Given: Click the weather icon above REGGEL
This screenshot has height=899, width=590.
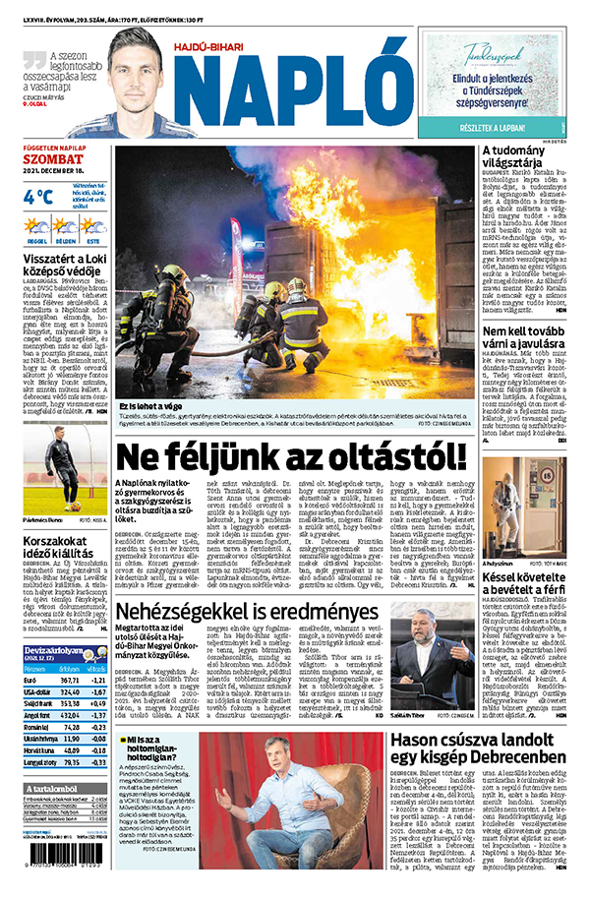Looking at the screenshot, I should point(37,226).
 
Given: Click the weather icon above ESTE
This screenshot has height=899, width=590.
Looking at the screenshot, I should point(93,226).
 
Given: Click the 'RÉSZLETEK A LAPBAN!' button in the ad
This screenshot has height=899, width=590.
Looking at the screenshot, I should point(492,126).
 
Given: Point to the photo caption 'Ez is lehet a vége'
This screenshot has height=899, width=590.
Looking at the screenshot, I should point(154,405).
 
